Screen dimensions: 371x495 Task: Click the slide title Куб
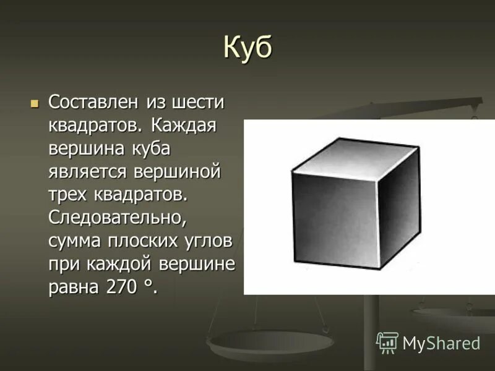click(247, 49)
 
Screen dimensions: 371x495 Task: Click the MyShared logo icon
click(387, 342)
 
